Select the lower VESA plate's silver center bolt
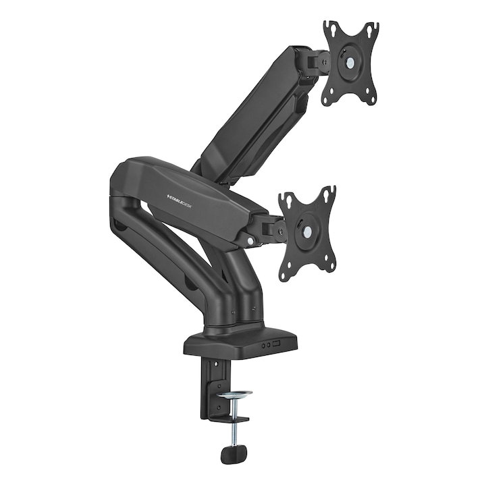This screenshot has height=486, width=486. (308, 232)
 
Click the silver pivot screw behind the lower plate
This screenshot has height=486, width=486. (252, 240)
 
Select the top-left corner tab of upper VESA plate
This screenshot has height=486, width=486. (329, 28)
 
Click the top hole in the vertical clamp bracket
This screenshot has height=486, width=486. (215, 365)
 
